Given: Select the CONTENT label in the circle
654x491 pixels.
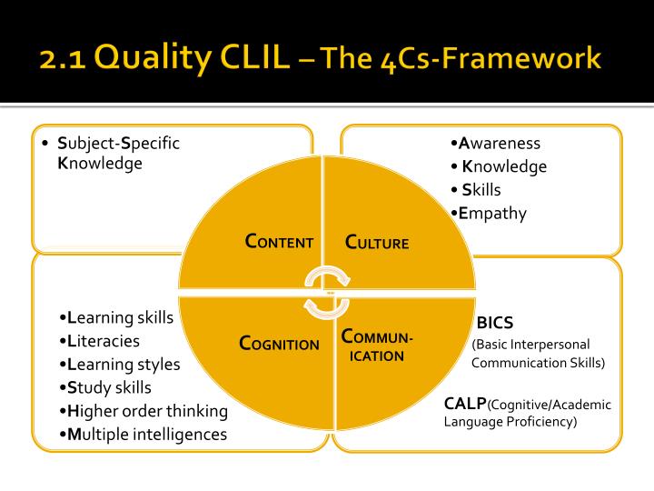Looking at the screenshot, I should (x=280, y=242).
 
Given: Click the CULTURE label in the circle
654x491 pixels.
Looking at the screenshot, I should (x=377, y=243).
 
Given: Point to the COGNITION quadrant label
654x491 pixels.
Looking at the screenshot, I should (x=279, y=344).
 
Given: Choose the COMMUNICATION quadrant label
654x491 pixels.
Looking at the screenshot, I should (x=377, y=346).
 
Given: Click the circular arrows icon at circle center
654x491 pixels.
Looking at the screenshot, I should (x=326, y=293).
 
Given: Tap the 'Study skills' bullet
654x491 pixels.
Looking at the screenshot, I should (x=104, y=387).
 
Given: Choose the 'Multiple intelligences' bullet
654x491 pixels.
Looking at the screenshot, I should (x=142, y=435).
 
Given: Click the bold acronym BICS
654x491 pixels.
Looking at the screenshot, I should (x=495, y=322).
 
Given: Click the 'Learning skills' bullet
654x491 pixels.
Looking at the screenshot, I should (x=115, y=317).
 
